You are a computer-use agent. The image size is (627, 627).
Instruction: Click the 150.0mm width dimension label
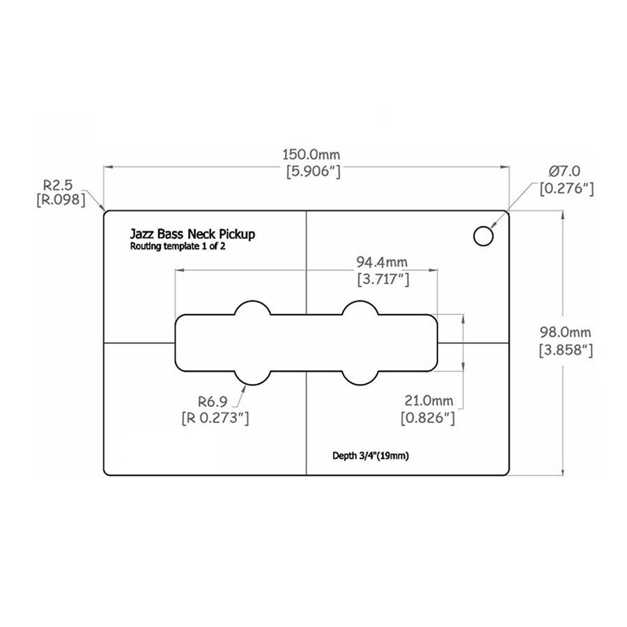coord(311,155)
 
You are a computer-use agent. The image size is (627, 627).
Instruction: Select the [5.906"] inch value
coord(313,171)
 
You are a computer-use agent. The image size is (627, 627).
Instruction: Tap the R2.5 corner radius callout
coord(58,185)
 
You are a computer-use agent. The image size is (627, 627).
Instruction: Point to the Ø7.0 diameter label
coord(564,171)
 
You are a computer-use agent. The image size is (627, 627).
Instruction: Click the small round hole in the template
coord(483,236)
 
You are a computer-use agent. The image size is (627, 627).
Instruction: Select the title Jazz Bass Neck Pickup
coord(192,234)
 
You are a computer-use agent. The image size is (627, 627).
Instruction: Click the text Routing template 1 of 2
coord(178,247)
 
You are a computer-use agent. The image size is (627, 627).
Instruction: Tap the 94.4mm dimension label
coord(382,263)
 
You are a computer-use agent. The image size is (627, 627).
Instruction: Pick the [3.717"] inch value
coord(383,279)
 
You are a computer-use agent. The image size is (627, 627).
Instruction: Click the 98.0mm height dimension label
coord(565,332)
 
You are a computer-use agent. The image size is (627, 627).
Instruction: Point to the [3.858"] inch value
coord(566,350)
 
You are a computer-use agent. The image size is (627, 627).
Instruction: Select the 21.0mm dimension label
coord(428,401)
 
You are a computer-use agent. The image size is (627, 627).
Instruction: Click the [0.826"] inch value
coord(428,418)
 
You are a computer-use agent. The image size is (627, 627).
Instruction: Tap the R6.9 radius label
coord(212,401)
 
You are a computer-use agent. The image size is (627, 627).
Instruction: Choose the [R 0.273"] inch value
coord(215,418)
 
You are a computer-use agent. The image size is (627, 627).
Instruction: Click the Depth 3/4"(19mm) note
coord(371,456)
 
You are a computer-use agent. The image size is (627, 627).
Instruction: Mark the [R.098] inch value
coord(61,199)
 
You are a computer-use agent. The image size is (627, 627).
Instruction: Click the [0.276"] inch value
coord(566,188)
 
